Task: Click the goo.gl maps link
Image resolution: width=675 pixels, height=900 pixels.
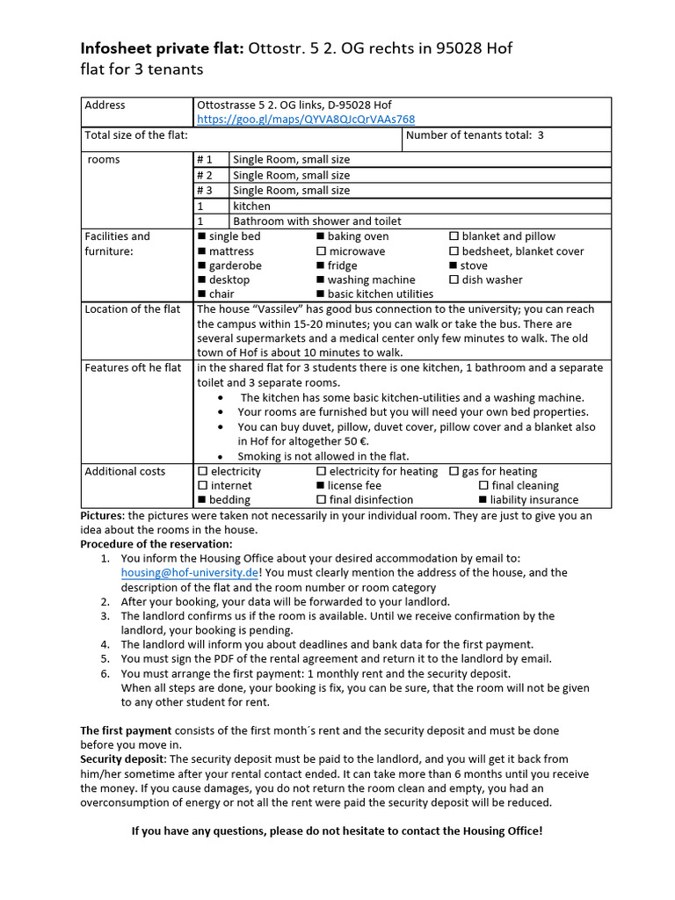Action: tap(306, 120)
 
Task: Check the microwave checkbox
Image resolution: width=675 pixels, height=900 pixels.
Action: tap(321, 251)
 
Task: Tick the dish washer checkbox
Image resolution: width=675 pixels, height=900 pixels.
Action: tap(454, 279)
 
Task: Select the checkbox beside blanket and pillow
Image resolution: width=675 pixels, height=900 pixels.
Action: tap(454, 236)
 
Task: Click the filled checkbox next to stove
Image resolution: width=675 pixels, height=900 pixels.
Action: tap(454, 265)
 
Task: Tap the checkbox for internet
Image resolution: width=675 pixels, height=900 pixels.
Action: tap(203, 485)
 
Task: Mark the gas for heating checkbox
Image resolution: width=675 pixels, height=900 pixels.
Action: tap(454, 471)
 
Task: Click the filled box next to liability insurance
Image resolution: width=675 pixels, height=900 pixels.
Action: tap(483, 500)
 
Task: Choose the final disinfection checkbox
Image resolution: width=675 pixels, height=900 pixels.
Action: tap(321, 500)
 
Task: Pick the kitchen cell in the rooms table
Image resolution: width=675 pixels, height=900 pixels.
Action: tap(251, 206)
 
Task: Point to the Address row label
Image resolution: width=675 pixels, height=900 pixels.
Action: tap(105, 105)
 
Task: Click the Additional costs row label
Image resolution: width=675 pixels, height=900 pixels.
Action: tap(125, 471)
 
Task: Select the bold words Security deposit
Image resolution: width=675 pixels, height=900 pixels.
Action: tap(122, 758)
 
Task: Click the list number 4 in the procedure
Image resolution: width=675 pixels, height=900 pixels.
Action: tap(105, 644)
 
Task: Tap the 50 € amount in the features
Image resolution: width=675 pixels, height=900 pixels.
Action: tap(354, 441)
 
